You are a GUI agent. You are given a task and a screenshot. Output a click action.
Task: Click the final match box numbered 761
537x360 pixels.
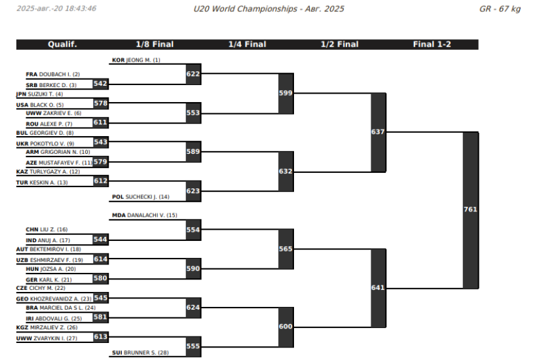pyautogui.click(x=471, y=209)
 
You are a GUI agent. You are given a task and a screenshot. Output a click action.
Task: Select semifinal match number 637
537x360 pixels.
pyautogui.click(x=379, y=132)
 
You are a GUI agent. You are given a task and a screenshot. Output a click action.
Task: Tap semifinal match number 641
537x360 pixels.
pyautogui.click(x=379, y=288)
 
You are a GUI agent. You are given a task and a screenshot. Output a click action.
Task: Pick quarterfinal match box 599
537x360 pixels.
pyautogui.click(x=286, y=93)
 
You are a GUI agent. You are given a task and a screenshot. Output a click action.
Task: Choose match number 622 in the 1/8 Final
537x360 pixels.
pyautogui.click(x=193, y=74)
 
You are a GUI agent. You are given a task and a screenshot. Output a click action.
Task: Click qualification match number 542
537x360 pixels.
pyautogui.click(x=100, y=84)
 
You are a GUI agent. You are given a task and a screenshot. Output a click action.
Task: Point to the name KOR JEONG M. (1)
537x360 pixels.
pyautogui.click(x=136, y=60)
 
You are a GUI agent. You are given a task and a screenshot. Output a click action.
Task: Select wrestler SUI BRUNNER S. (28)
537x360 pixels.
pyautogui.click(x=140, y=353)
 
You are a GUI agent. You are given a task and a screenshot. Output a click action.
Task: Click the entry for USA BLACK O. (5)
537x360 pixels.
pyautogui.click(x=40, y=105)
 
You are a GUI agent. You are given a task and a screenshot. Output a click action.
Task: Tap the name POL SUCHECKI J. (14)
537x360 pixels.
pyautogui.click(x=140, y=197)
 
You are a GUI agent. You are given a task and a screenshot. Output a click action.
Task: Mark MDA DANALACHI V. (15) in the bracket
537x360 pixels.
pyautogui.click(x=145, y=215)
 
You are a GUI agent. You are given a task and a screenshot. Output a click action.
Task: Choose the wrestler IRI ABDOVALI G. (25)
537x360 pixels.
pyautogui.click(x=54, y=319)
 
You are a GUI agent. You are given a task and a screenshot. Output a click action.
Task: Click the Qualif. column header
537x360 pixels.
pyautogui.click(x=62, y=45)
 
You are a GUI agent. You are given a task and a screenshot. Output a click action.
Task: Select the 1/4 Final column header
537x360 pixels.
pyautogui.click(x=248, y=45)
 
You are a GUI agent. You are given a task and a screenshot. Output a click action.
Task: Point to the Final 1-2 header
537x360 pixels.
pyautogui.click(x=432, y=45)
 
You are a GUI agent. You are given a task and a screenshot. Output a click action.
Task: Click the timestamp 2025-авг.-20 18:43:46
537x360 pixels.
pyautogui.click(x=56, y=9)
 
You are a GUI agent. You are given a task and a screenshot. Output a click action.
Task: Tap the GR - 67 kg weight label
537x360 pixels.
pyautogui.click(x=500, y=9)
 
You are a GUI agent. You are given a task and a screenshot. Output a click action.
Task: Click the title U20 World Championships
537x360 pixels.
pyautogui.click(x=245, y=9)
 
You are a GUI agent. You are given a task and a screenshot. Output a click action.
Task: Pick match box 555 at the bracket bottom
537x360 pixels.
pyautogui.click(x=193, y=346)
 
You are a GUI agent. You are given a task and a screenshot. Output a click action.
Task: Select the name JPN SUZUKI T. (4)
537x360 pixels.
pyautogui.click(x=39, y=94)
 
